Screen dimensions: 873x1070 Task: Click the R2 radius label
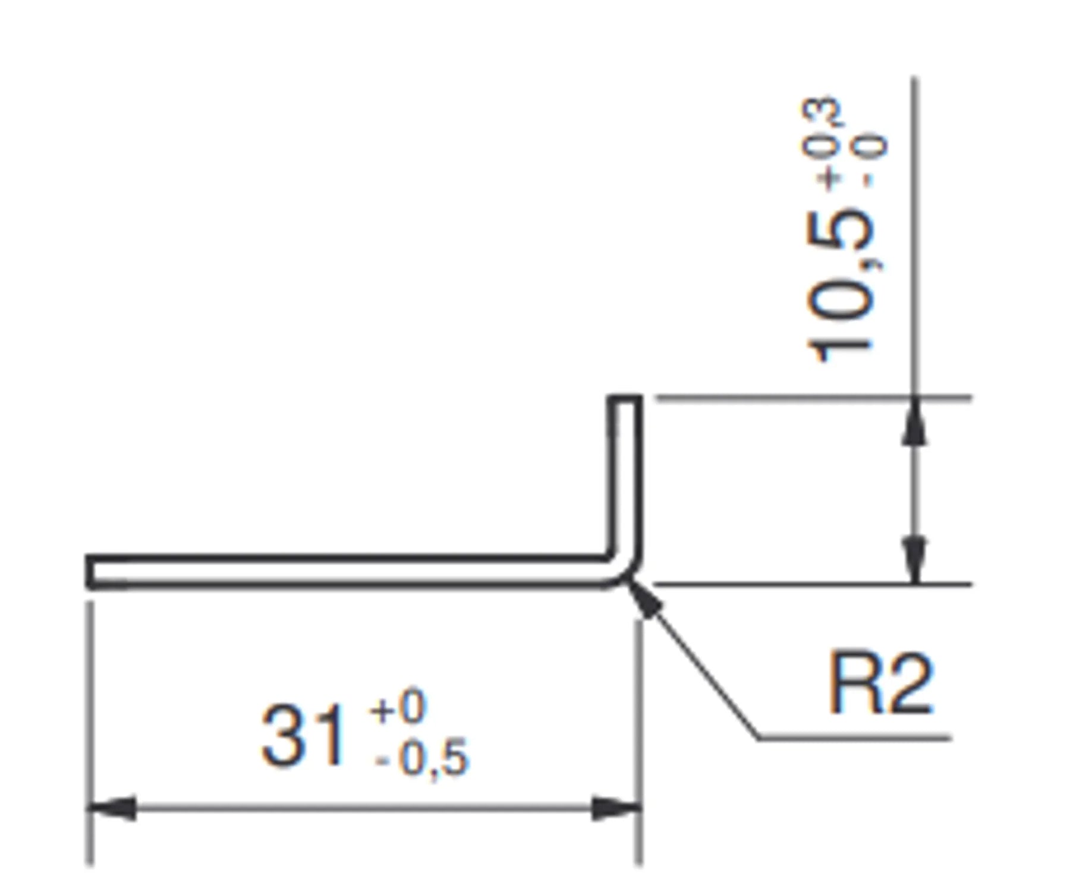[x=880, y=683]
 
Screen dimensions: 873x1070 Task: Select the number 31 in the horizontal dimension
[x=303, y=738]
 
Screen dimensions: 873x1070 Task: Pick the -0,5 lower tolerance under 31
[x=422, y=758]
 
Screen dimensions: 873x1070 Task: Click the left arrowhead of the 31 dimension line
[x=113, y=808]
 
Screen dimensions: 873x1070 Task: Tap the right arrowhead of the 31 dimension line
[x=616, y=808]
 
